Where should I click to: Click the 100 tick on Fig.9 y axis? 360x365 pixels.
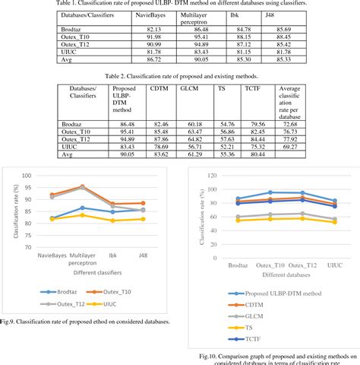(28, 176)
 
